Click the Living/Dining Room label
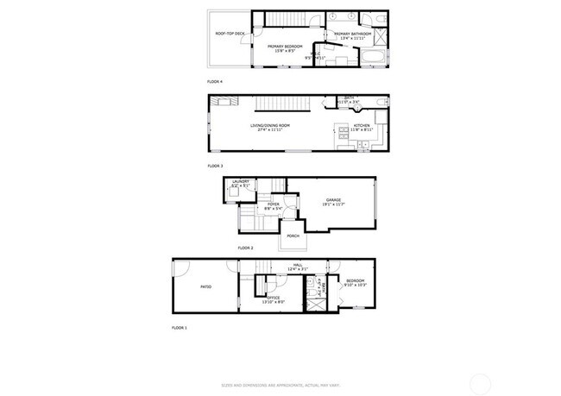270,126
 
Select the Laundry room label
241,182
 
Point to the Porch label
293,235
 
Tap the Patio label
206,286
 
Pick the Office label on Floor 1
273,299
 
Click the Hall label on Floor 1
297,266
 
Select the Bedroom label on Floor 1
356,281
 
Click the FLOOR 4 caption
216,82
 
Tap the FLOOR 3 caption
216,165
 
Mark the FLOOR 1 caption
180,329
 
